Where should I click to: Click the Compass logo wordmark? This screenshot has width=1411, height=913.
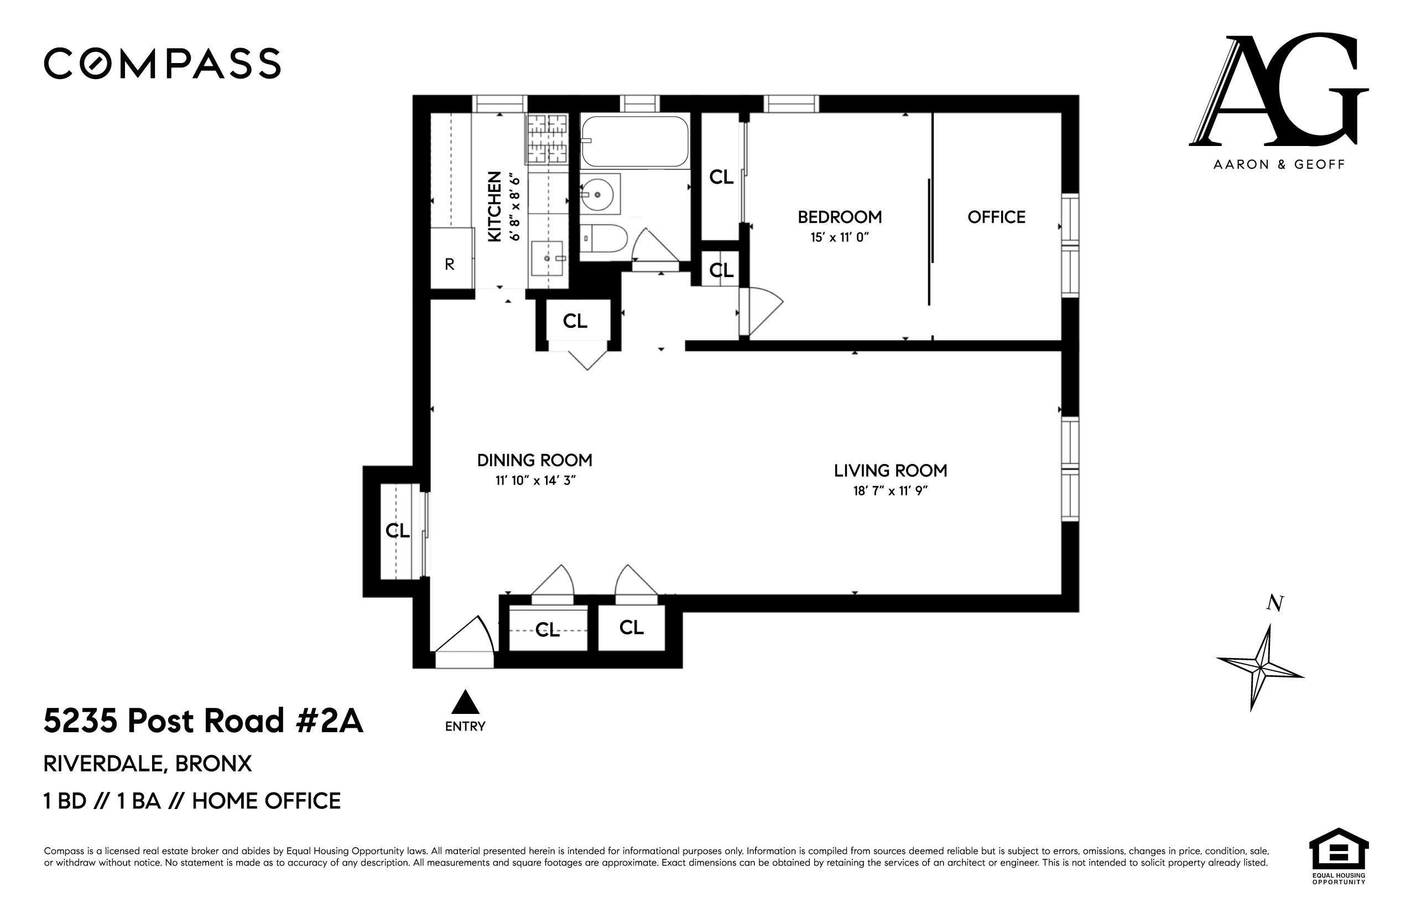[x=162, y=64]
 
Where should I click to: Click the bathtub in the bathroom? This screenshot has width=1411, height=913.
[x=634, y=141]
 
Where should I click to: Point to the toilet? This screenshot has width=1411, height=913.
[x=603, y=239]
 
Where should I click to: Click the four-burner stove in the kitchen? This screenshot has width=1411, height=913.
[x=546, y=139]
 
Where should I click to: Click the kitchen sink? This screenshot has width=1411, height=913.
[x=546, y=258]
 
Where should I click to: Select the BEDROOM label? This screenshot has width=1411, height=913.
[x=839, y=217]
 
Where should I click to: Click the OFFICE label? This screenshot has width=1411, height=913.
[x=996, y=217]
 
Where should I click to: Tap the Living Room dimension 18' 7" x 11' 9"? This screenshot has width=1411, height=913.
[x=890, y=491]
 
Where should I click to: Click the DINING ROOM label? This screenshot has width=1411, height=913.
[x=534, y=460]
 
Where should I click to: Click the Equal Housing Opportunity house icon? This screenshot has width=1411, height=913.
[x=1338, y=848]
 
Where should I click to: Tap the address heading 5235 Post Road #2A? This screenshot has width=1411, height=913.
[x=204, y=722]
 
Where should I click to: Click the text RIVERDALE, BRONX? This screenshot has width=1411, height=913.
[x=148, y=764]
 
